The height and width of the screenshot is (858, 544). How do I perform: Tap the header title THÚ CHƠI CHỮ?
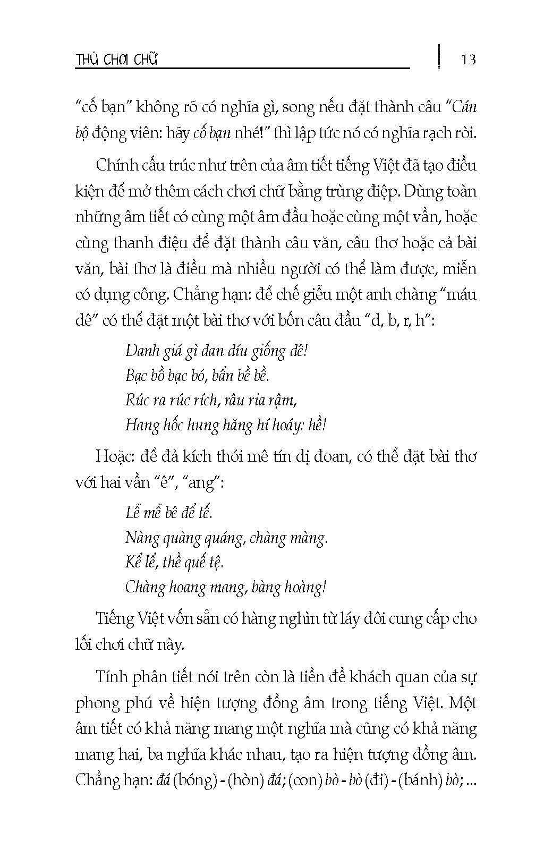tap(117, 59)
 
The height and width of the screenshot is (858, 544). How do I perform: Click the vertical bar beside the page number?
tap(439, 56)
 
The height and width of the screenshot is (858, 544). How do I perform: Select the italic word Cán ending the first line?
tap(465, 107)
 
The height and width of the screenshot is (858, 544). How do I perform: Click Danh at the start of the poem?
tap(141, 351)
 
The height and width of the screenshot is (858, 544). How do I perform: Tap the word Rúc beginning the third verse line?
tap(138, 400)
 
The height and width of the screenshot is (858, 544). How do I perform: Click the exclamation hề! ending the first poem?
tap(317, 424)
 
